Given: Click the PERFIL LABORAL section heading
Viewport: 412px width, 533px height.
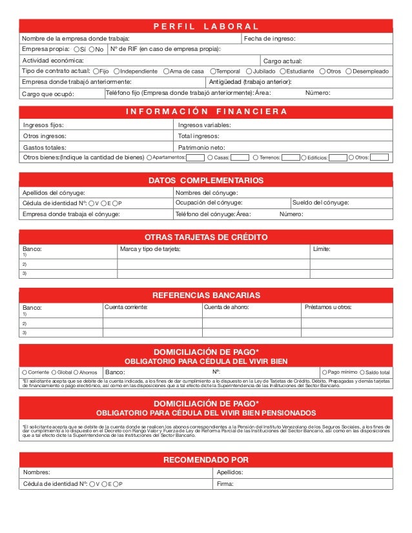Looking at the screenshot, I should [206, 26].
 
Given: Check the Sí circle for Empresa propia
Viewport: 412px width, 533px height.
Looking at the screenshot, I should [77, 50].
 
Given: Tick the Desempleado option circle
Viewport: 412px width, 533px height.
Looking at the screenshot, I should [349, 71].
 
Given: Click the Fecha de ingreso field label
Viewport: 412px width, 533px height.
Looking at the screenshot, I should [269, 39].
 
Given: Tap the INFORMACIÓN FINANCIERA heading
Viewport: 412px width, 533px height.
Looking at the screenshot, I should [206, 112].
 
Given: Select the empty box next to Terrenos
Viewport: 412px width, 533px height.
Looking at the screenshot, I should [291, 157].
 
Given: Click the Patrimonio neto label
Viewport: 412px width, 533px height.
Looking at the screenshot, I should [201, 147].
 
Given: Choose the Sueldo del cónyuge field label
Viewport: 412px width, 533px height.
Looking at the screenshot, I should [321, 203].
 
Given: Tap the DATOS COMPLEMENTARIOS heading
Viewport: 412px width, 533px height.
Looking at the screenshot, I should [206, 180].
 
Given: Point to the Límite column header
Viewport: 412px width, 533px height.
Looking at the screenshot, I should [321, 249].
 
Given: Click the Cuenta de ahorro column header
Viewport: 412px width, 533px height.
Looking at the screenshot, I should [226, 307].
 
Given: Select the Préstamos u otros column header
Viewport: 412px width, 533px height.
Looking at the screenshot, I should [327, 307].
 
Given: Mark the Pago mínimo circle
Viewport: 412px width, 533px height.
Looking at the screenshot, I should [324, 372].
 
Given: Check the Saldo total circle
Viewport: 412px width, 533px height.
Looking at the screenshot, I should [361, 372].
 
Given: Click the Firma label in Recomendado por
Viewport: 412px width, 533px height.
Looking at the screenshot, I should [225, 483].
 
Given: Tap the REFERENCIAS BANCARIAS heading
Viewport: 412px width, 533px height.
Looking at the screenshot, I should [206, 295].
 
